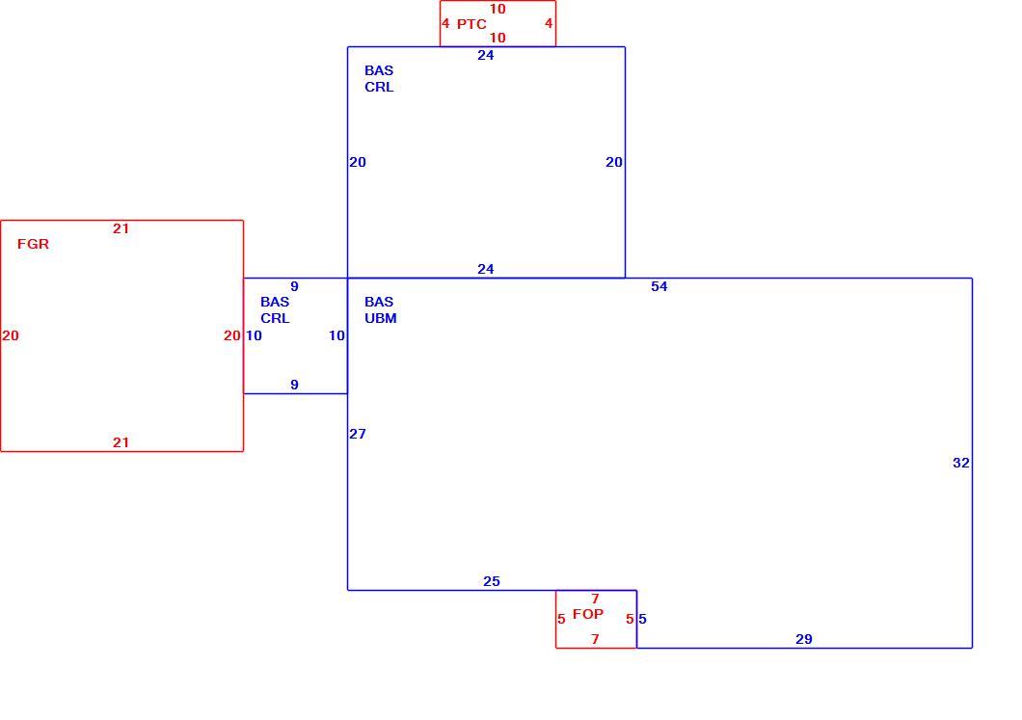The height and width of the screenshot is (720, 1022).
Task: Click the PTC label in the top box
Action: click(471, 24)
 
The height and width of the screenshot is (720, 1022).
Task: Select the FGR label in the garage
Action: click(33, 244)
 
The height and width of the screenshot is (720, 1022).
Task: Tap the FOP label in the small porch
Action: click(588, 614)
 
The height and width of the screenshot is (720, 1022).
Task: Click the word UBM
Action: click(381, 318)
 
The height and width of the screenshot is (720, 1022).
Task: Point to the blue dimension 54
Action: click(659, 286)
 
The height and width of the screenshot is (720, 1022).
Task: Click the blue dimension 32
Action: click(960, 463)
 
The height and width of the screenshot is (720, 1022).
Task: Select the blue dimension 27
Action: click(357, 434)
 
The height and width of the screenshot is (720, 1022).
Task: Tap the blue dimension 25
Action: click(492, 581)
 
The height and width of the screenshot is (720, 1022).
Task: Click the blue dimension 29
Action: click(804, 639)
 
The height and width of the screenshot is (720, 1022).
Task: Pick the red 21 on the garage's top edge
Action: click(121, 228)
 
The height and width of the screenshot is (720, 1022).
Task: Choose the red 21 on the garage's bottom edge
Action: click(121, 442)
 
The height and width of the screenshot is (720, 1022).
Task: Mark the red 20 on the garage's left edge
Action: click(11, 335)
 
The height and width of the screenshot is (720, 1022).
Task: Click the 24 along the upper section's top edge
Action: click(486, 55)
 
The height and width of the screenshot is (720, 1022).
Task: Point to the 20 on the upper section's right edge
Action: click(614, 162)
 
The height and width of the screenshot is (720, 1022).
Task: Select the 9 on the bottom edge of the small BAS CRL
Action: click(295, 385)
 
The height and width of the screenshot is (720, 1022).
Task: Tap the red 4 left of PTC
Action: click(445, 23)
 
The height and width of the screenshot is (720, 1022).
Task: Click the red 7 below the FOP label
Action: click(595, 639)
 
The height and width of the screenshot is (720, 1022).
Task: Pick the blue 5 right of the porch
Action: click(643, 619)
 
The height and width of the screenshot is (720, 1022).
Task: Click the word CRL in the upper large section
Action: click(379, 87)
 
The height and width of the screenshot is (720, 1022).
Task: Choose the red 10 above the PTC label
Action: click(498, 9)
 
